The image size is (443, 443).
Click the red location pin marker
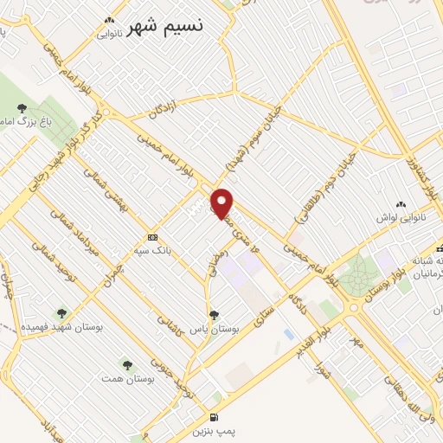tap(222, 202)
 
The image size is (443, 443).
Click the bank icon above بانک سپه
tap(152, 237)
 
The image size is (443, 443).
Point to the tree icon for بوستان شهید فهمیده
tap(61, 313)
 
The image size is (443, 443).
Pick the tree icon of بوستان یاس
tap(214, 315)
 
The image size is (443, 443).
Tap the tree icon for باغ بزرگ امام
tap(21, 108)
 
